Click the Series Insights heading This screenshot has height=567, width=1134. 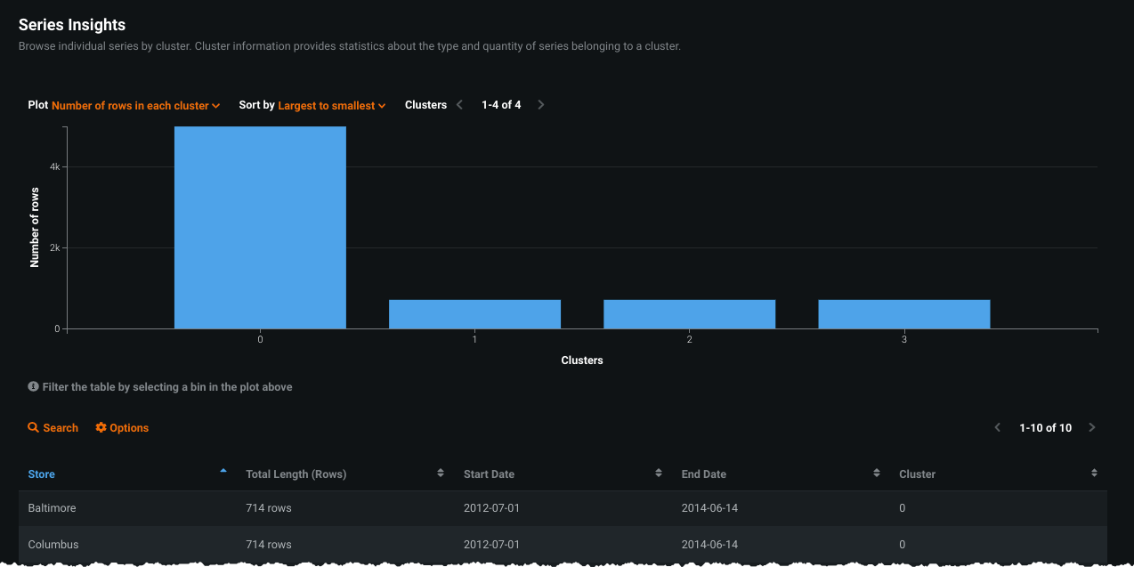72,25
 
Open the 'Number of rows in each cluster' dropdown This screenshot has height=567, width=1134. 135,105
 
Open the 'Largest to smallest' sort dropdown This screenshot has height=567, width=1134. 331,105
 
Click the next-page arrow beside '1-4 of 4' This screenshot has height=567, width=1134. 541,105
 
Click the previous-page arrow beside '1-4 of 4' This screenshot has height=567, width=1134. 459,105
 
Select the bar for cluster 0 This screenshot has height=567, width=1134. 260,228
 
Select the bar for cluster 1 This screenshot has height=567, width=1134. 474,314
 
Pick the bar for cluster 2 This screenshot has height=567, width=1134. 689,314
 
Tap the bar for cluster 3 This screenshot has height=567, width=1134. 903,314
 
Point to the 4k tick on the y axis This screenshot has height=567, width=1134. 54,167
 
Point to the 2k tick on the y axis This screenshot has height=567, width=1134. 54,248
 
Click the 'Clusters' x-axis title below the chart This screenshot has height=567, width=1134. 582,360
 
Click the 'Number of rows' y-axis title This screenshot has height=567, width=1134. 35,227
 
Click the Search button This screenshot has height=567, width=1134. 53,428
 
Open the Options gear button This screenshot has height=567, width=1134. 122,428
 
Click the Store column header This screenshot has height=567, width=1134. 42,474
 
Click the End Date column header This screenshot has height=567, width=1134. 704,474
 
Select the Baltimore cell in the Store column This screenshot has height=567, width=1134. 53,508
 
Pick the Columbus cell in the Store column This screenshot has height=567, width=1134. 53,544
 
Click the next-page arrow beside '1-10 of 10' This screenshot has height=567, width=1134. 1092,428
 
